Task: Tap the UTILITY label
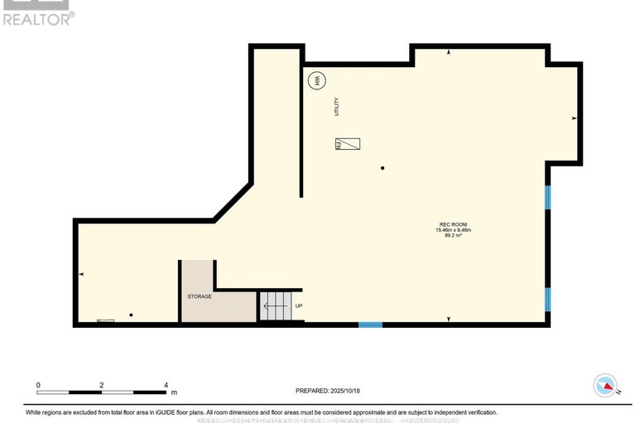click(337, 107)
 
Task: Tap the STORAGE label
click(199, 296)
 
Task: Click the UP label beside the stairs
click(299, 305)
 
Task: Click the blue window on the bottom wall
click(370, 324)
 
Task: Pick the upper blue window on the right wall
click(547, 197)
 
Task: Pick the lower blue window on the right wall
click(547, 298)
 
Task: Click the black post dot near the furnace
click(382, 169)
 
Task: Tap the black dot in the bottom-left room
click(131, 315)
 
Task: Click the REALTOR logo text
click(37, 18)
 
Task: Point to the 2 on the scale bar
click(101, 385)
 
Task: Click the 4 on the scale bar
click(166, 385)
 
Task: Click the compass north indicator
click(607, 386)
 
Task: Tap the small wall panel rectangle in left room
click(106, 320)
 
